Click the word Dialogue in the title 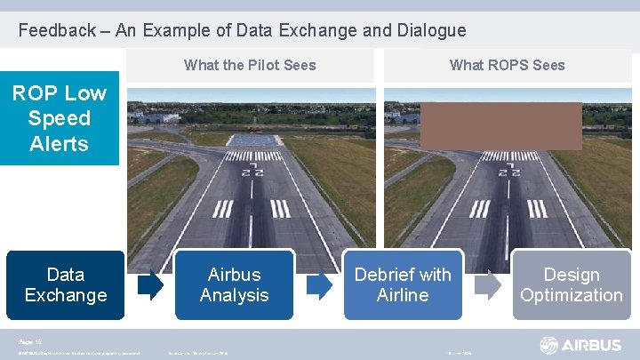(x=431, y=30)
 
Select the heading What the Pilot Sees (x=250, y=65)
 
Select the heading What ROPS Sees (x=507, y=65)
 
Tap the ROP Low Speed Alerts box (x=59, y=118)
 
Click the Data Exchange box (x=65, y=284)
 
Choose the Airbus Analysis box (x=234, y=284)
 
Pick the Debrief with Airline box (x=403, y=284)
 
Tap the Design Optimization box (x=571, y=284)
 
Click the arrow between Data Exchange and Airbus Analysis (x=150, y=284)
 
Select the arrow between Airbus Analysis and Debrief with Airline (x=319, y=284)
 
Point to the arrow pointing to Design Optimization (x=487, y=284)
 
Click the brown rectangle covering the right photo (x=500, y=125)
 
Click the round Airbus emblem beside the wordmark (x=549, y=345)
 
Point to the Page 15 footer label (x=30, y=340)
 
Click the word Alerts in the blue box (x=59, y=144)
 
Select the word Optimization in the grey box (x=571, y=295)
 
